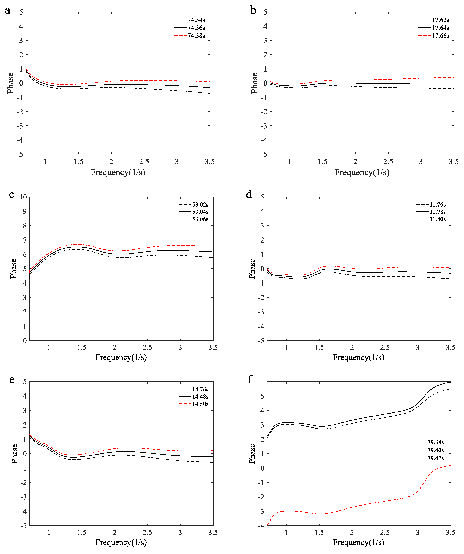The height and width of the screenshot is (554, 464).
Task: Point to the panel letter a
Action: [x=8, y=11]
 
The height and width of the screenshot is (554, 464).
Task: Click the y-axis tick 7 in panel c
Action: [x=25, y=240]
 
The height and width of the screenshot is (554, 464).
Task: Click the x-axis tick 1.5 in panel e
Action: [x=82, y=533]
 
